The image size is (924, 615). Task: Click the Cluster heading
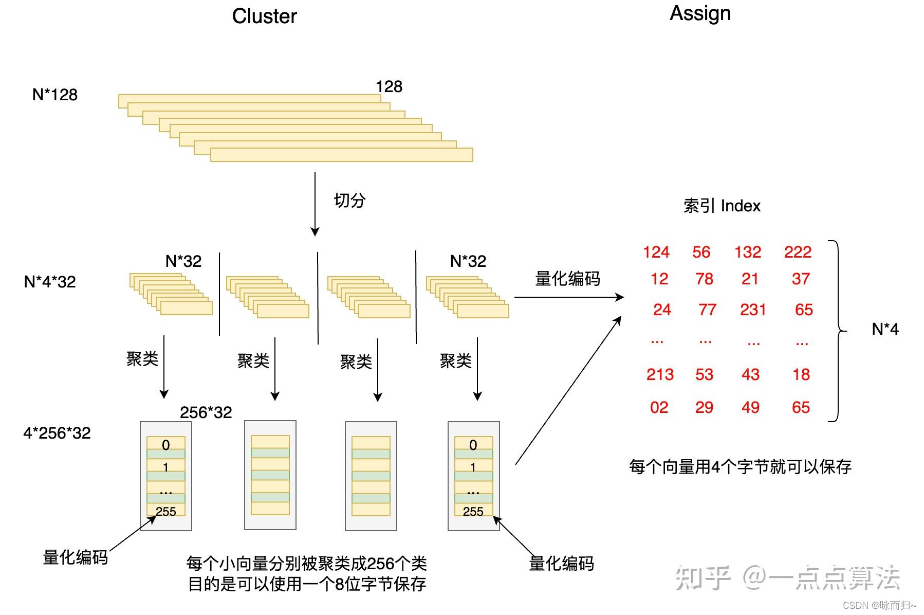pyautogui.click(x=264, y=16)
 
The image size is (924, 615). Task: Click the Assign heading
pyautogui.click(x=700, y=14)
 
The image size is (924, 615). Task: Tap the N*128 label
pyautogui.click(x=54, y=95)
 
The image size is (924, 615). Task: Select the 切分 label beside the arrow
pyautogui.click(x=349, y=200)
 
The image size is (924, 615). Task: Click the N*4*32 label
pyautogui.click(x=50, y=282)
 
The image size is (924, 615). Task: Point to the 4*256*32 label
pyautogui.click(x=57, y=433)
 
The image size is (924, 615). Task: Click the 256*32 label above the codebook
pyautogui.click(x=206, y=412)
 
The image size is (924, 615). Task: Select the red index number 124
pyautogui.click(x=656, y=252)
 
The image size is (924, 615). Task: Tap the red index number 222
pyautogui.click(x=798, y=252)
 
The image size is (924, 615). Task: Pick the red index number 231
pyautogui.click(x=753, y=310)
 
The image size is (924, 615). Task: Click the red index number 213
pyautogui.click(x=660, y=374)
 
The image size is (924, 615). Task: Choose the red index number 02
pyautogui.click(x=659, y=407)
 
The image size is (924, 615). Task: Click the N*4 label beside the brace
pyautogui.click(x=885, y=329)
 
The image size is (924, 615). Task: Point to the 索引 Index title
pyautogui.click(x=722, y=206)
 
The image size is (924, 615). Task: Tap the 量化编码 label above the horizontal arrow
pyautogui.click(x=567, y=279)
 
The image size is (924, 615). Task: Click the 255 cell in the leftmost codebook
pyautogui.click(x=166, y=511)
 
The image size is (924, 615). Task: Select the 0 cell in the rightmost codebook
pyautogui.click(x=473, y=445)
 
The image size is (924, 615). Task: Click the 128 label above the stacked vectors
pyautogui.click(x=389, y=86)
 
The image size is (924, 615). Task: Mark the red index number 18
pyautogui.click(x=801, y=374)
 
